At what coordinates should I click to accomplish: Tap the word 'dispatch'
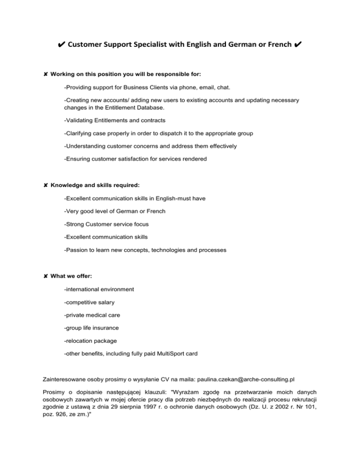pos(177,133)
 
